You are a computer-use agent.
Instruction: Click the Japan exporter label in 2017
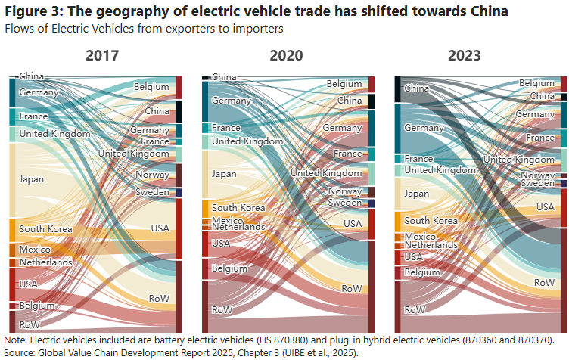(x=32, y=179)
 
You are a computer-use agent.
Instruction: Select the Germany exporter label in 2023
(x=424, y=128)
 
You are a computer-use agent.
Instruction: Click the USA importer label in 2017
(x=160, y=228)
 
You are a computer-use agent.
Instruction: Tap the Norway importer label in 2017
(x=152, y=175)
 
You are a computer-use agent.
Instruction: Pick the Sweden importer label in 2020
(x=344, y=203)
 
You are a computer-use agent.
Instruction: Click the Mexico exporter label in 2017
(x=35, y=250)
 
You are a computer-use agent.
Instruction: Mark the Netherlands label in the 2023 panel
(x=431, y=245)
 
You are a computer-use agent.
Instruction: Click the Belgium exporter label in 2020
(x=229, y=268)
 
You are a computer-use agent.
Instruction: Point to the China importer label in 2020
(x=349, y=101)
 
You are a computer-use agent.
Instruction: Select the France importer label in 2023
(x=540, y=138)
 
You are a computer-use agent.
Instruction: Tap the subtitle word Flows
(x=20, y=29)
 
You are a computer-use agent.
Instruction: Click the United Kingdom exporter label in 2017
(x=55, y=134)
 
